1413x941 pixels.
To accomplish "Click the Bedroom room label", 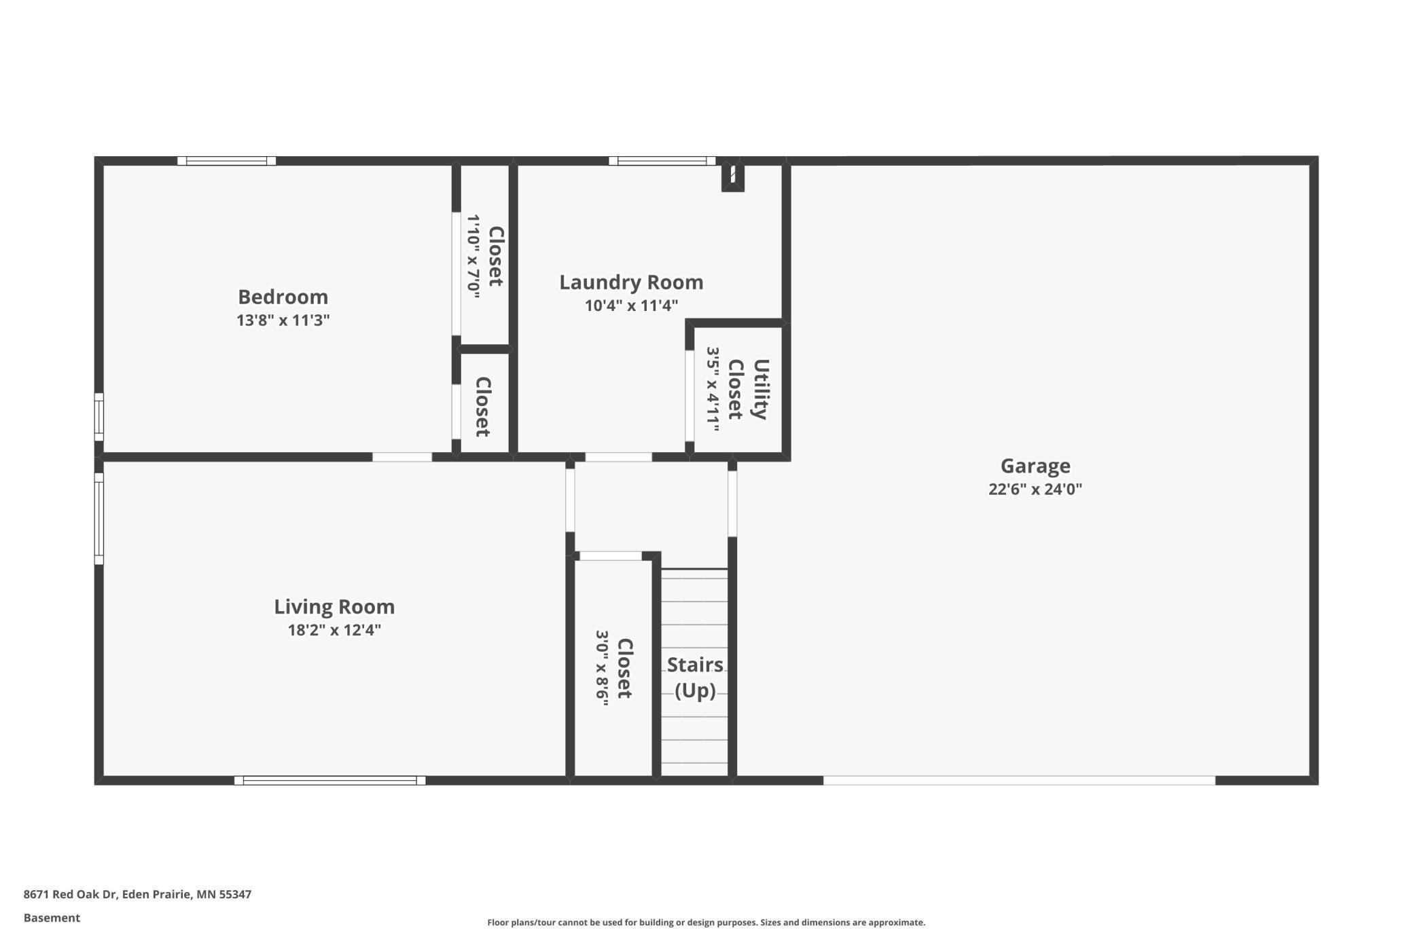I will (x=283, y=297).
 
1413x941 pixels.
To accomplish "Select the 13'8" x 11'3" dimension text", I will (x=283, y=320).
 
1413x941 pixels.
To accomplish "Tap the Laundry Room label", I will (x=631, y=282).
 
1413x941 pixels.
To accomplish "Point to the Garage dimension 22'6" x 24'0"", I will (x=1035, y=489).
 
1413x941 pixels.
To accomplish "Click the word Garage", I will (x=1035, y=466).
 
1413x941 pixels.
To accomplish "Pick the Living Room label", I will (x=334, y=606).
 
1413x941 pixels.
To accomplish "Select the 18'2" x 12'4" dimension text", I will (x=334, y=629).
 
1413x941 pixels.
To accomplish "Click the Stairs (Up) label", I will (x=695, y=677).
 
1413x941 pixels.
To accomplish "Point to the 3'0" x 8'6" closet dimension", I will (x=602, y=668).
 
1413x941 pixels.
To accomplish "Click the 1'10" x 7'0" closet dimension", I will (x=473, y=256).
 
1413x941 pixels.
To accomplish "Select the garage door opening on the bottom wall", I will (x=1019, y=780).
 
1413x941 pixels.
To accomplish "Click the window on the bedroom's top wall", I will (x=226, y=161).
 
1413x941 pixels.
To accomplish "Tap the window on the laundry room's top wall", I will (x=662, y=161).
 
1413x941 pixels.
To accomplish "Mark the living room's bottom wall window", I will (x=329, y=780).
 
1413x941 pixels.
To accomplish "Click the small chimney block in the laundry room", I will (x=732, y=177).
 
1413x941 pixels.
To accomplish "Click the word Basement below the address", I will (x=52, y=918).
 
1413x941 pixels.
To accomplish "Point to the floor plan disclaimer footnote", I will (x=706, y=922).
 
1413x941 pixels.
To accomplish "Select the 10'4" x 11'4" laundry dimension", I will (x=631, y=306).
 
